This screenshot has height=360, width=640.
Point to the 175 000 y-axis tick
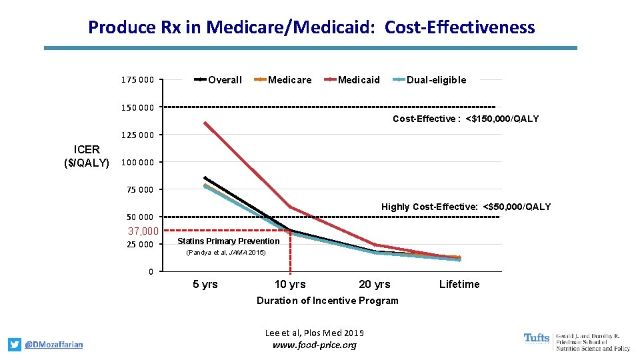pyautogui.click(x=137, y=81)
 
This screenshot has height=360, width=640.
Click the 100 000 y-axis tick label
pyautogui.click(x=137, y=162)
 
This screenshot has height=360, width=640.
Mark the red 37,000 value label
pyautogui.click(x=143, y=231)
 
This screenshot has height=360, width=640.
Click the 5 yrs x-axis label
pyautogui.click(x=205, y=285)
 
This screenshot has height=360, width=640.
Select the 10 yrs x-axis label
pyautogui.click(x=290, y=285)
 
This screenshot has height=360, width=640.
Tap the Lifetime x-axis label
pyautogui.click(x=459, y=285)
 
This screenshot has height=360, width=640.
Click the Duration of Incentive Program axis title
pyautogui.click(x=327, y=301)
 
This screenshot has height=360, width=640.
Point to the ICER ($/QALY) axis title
pyautogui.click(x=87, y=155)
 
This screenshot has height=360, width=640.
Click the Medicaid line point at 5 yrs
pyautogui.click(x=205, y=123)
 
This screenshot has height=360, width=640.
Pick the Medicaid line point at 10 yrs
pyautogui.click(x=290, y=207)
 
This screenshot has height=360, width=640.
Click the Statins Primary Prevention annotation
pyautogui.click(x=229, y=241)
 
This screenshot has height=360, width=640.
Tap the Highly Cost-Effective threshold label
pyautogui.click(x=466, y=207)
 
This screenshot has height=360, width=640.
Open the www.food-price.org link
pyautogui.click(x=315, y=345)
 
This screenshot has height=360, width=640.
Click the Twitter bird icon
pyautogui.click(x=15, y=345)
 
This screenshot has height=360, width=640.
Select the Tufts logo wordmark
pyautogui.click(x=537, y=339)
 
